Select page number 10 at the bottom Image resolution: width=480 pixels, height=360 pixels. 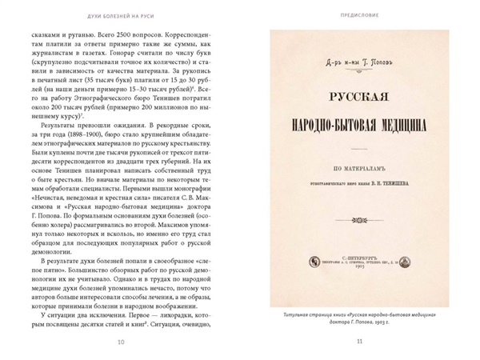[x=120, y=343]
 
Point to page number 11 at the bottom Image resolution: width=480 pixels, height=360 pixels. [x=359, y=343]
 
